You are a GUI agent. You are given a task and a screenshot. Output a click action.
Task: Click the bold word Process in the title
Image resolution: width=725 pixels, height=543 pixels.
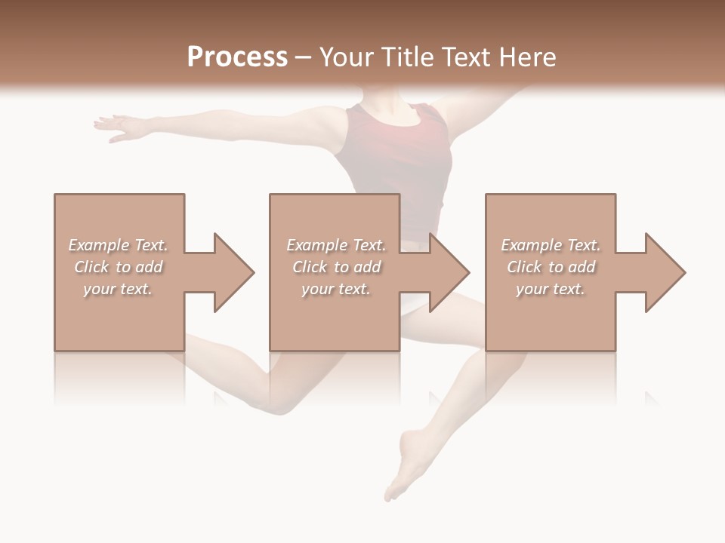pos(237,57)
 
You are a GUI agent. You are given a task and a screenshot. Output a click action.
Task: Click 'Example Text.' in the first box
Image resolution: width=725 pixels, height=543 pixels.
pos(118,245)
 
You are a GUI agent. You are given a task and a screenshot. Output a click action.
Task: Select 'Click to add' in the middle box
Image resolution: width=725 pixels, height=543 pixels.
pos(336,267)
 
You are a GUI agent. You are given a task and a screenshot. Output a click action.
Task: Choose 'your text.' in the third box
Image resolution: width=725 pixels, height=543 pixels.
pos(551,289)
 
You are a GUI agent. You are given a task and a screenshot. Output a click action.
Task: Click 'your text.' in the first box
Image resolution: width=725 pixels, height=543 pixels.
pos(118,289)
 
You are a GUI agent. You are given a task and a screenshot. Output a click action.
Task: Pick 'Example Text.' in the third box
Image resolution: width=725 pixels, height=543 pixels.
pos(551,245)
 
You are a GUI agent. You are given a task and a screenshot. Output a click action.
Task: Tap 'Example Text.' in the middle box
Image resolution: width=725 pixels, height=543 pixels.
pos(336,245)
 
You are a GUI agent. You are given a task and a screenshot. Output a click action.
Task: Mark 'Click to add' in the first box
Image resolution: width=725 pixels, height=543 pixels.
pos(118,267)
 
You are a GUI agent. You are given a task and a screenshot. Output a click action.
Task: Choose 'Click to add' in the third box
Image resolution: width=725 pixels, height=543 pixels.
pos(551,267)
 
